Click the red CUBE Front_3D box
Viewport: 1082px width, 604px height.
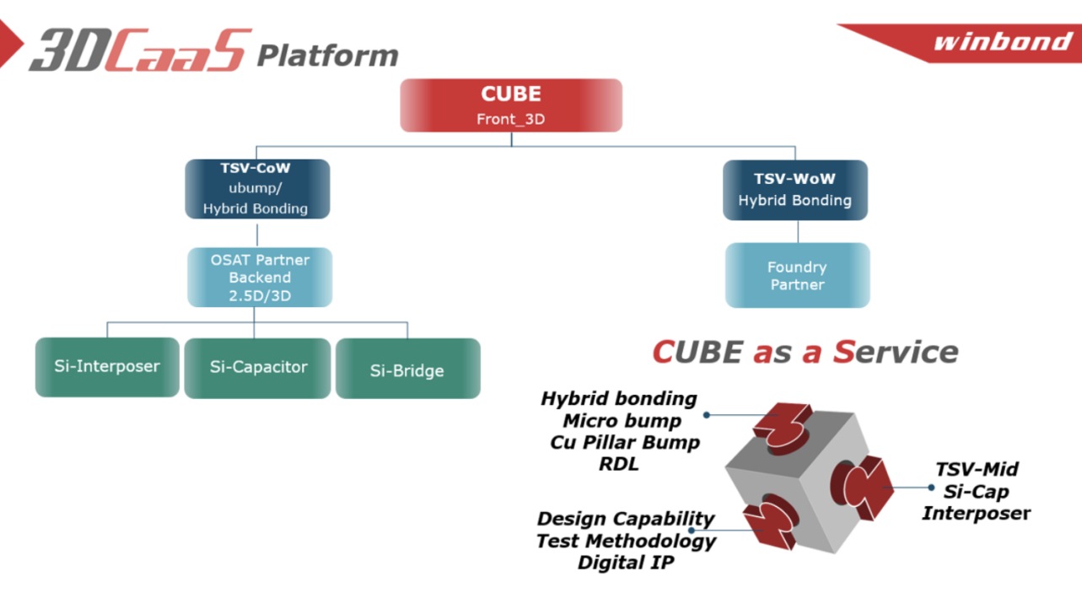[x=510, y=105]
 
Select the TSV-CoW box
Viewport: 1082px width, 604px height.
[x=257, y=189]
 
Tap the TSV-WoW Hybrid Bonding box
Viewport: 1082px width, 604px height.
[x=795, y=190]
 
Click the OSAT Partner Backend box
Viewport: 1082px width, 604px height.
[x=260, y=278]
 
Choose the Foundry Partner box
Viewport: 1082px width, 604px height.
[x=797, y=276]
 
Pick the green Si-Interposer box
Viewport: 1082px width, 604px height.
[x=107, y=367]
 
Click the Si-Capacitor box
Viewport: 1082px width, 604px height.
[x=257, y=368]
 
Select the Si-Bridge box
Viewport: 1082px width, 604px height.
[x=407, y=369]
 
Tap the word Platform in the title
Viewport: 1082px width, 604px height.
[x=327, y=56]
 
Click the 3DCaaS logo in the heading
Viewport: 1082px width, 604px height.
[x=140, y=51]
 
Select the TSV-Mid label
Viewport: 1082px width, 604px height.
[x=977, y=469]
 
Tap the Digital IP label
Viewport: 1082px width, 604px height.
[x=626, y=562]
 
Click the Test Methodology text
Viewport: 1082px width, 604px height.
[x=626, y=541]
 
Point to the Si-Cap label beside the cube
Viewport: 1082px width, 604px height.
[x=977, y=491]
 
